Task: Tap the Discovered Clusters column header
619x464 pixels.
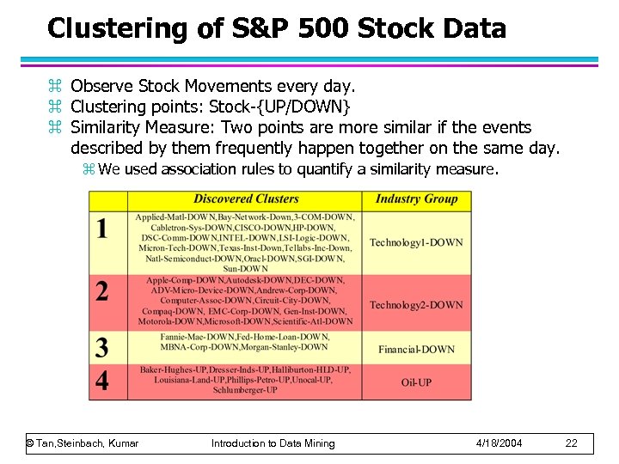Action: pos(246,199)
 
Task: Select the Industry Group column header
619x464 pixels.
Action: pos(416,199)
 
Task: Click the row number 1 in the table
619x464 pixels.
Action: pos(102,229)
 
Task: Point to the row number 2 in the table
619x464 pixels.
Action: pos(102,291)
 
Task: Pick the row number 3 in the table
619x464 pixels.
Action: pos(102,347)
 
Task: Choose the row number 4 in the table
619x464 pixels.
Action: pos(102,380)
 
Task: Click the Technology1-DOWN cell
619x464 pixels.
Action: pos(416,242)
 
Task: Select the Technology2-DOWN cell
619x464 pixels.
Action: pos(416,305)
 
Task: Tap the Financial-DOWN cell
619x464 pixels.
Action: pos(416,349)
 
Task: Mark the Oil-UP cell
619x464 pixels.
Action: pos(416,382)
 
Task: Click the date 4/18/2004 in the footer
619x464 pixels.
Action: pos(499,443)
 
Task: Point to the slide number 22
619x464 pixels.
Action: pos(572,443)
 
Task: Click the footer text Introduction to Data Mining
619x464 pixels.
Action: pos(273,443)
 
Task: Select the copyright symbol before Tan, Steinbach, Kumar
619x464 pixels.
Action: pos(29,443)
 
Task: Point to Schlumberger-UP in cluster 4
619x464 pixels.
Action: pos(245,390)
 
